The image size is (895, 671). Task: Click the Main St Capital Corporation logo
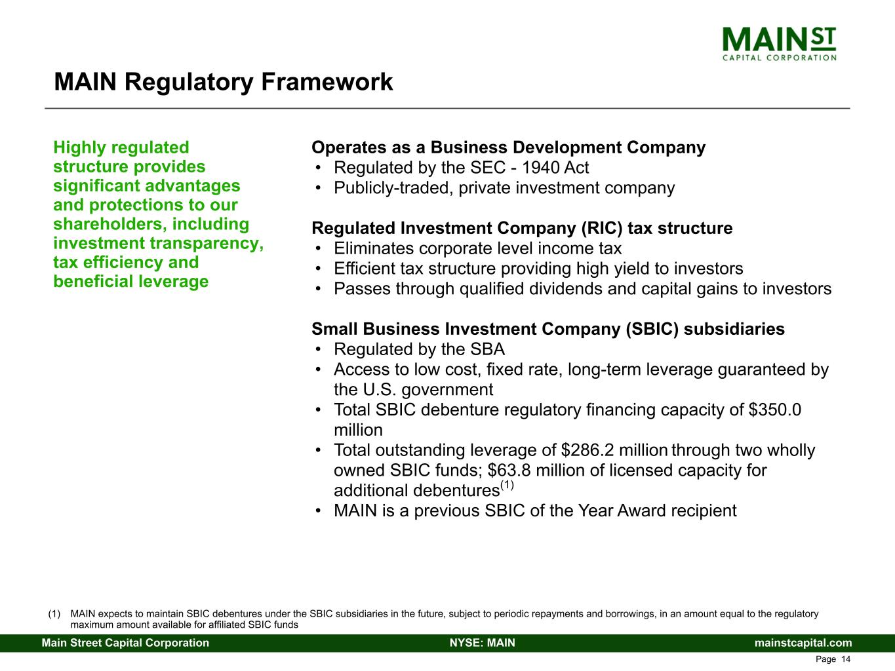click(779, 44)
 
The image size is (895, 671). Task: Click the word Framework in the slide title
click(327, 81)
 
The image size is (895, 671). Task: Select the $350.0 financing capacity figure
click(775, 410)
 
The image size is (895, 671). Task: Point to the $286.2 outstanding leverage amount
click(587, 450)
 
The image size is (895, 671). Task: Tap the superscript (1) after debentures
click(507, 485)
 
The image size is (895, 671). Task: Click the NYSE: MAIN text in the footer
click(483, 643)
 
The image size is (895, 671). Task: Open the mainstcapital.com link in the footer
click(803, 643)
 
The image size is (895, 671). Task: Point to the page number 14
click(846, 659)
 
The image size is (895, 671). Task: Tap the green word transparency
click(207, 244)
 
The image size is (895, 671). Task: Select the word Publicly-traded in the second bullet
click(393, 188)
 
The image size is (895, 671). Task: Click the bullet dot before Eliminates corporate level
click(319, 248)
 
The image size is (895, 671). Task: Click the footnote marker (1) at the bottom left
click(54, 613)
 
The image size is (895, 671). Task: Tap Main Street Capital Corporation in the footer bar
click(125, 643)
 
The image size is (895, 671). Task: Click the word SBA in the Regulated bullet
click(488, 349)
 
